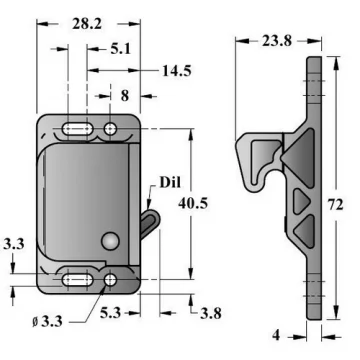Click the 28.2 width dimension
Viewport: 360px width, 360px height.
[x=87, y=24]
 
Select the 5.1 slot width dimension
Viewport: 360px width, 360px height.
[x=121, y=49]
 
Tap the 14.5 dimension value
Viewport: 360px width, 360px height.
[x=177, y=71]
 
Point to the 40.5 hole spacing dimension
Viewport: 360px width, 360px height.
[x=193, y=203]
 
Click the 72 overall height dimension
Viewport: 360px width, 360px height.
[x=335, y=205]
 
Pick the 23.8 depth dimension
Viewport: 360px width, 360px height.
[x=277, y=41]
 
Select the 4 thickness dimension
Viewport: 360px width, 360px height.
[x=276, y=335]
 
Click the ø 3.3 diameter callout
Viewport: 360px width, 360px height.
[x=47, y=322]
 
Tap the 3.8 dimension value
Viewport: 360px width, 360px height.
[x=211, y=313]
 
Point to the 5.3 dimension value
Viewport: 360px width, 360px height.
[x=110, y=313]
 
